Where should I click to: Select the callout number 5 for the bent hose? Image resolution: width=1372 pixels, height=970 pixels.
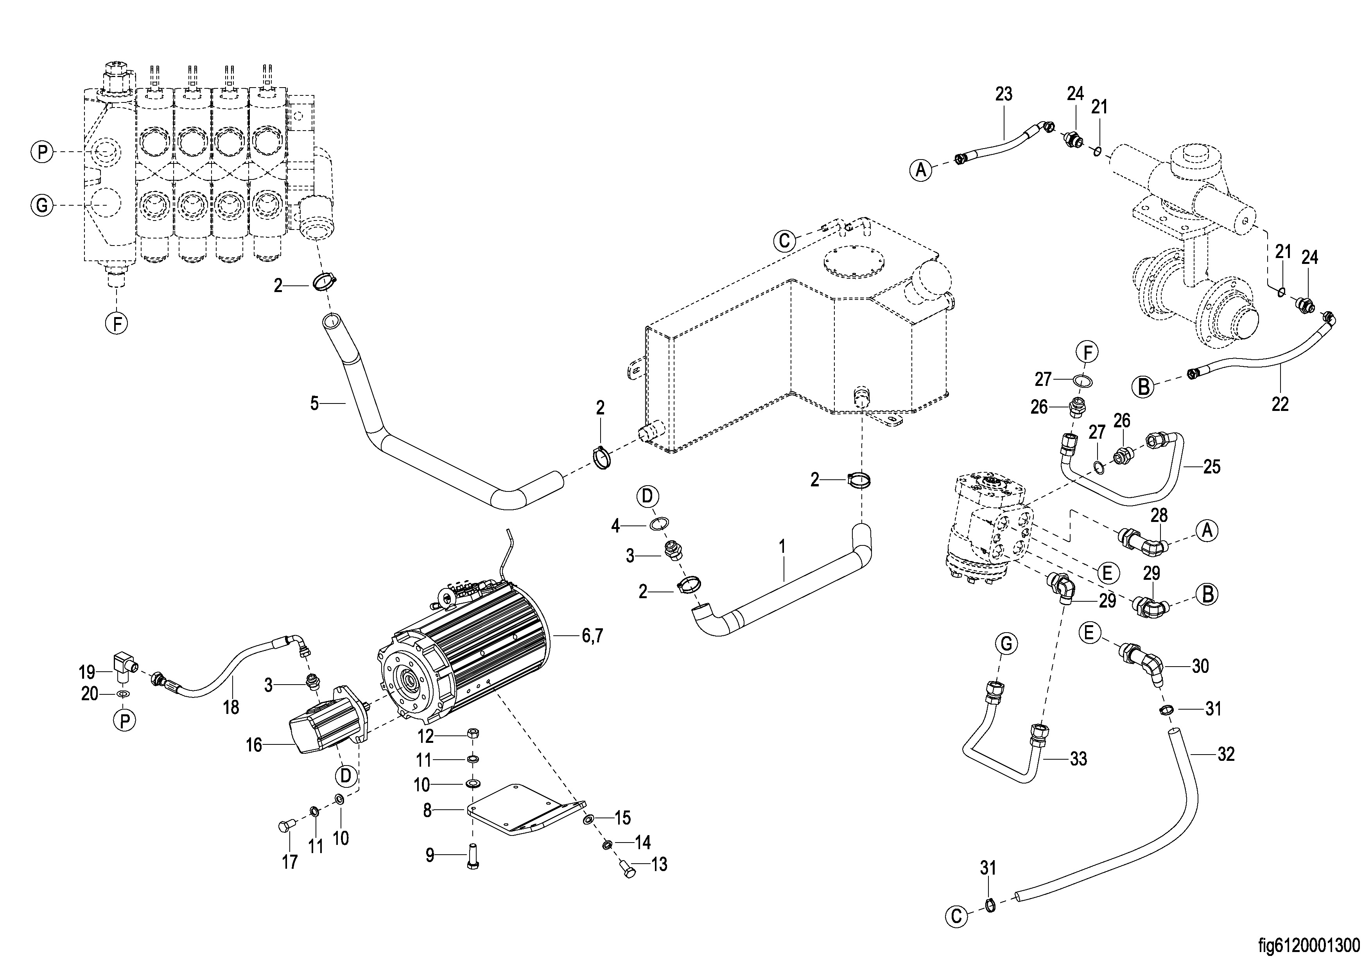[x=314, y=403]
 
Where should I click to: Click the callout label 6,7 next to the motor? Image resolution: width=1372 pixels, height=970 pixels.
[x=592, y=636]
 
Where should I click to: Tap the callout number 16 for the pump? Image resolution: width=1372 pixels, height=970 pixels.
[x=254, y=745]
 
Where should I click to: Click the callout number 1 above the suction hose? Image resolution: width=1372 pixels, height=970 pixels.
[x=782, y=546]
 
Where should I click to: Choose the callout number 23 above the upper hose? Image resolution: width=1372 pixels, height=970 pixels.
[x=1004, y=94]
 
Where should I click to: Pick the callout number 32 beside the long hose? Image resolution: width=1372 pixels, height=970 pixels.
[x=1226, y=755]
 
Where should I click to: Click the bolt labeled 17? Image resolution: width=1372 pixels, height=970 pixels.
[x=284, y=827]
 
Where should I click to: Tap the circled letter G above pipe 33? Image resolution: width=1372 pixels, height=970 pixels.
[x=1006, y=644]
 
